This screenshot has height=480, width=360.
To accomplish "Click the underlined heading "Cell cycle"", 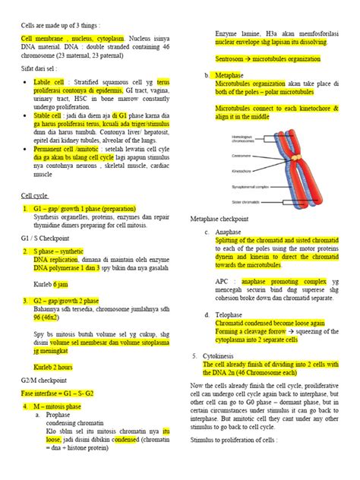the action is pyautogui.click(x=34, y=194).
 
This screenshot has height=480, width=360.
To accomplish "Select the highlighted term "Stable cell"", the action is pyautogui.click(x=50, y=137).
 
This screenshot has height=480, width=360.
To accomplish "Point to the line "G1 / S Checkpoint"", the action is pyautogui.click(x=44, y=238).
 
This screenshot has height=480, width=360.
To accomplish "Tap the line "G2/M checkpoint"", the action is pyautogui.click(x=43, y=379).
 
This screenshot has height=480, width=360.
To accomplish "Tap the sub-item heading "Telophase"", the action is pyautogui.click(x=230, y=313).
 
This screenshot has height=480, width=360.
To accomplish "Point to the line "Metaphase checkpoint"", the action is pyautogui.click(x=224, y=219).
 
